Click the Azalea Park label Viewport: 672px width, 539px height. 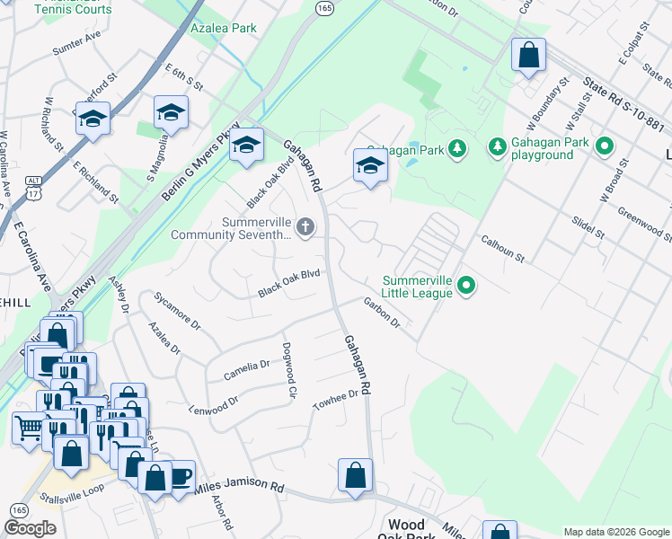[x=224, y=28]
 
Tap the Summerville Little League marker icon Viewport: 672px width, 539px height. [x=465, y=287]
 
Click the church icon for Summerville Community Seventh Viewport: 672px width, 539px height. [x=305, y=226]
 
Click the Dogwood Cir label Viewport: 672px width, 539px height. [x=288, y=369]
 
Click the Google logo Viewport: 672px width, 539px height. [x=31, y=528]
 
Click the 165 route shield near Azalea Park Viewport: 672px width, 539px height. [x=325, y=7]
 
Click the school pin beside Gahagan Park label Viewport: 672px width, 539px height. [x=370, y=166]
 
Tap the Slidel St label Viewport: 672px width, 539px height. [x=588, y=227]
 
